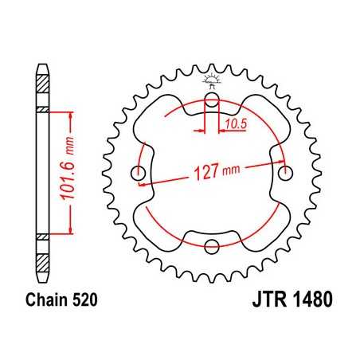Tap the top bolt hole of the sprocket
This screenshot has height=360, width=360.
coord(213,100)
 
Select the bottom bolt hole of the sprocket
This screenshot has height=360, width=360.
coord(213,244)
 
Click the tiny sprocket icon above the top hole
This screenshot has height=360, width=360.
coord(213,79)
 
